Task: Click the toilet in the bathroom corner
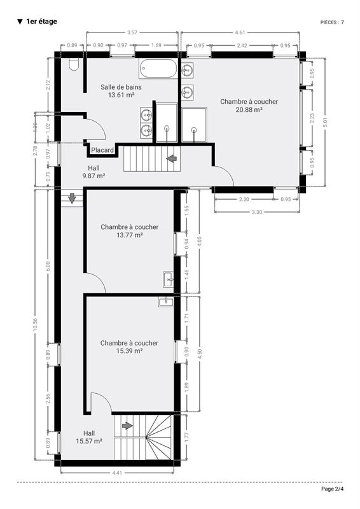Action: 74,65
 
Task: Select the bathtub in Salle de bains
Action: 158,69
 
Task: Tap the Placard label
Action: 102,150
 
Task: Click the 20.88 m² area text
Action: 249,109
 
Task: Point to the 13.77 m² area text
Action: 130,235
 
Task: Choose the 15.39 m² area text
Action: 129,351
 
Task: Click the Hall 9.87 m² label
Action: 93,172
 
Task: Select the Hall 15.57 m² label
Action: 89,437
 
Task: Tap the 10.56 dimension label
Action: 35,324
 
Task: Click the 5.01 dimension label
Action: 326,122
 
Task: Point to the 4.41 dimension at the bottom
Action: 117,473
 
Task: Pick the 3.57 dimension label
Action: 132,32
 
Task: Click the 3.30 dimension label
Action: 256,213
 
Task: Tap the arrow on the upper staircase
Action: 171,158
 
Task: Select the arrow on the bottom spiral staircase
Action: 127,426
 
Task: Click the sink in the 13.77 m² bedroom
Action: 168,280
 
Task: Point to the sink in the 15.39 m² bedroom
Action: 165,302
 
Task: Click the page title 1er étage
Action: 41,22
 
